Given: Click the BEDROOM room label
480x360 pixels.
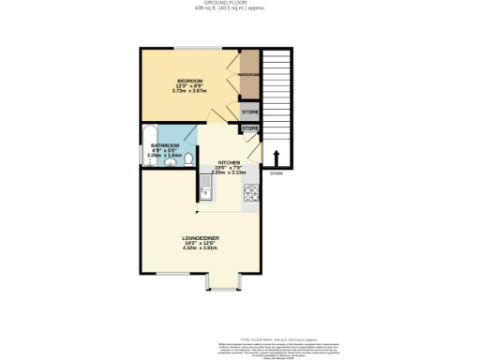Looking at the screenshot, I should [187, 81].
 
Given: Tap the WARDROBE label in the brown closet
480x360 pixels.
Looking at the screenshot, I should [248, 74].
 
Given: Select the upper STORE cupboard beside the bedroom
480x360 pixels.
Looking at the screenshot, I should [249, 112].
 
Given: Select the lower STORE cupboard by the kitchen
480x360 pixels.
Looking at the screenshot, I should [250, 128].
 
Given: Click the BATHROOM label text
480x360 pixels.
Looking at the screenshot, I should [164, 145].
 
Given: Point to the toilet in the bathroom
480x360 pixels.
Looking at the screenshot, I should [188, 160].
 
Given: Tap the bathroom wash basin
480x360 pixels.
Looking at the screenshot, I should [170, 164].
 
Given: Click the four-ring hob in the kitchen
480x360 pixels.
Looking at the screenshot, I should [250, 194].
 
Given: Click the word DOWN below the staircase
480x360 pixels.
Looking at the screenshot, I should [276, 174].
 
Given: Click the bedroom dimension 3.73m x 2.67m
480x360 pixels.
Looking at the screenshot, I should [187, 92].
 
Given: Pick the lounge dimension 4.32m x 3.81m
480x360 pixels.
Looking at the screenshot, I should [200, 248].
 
